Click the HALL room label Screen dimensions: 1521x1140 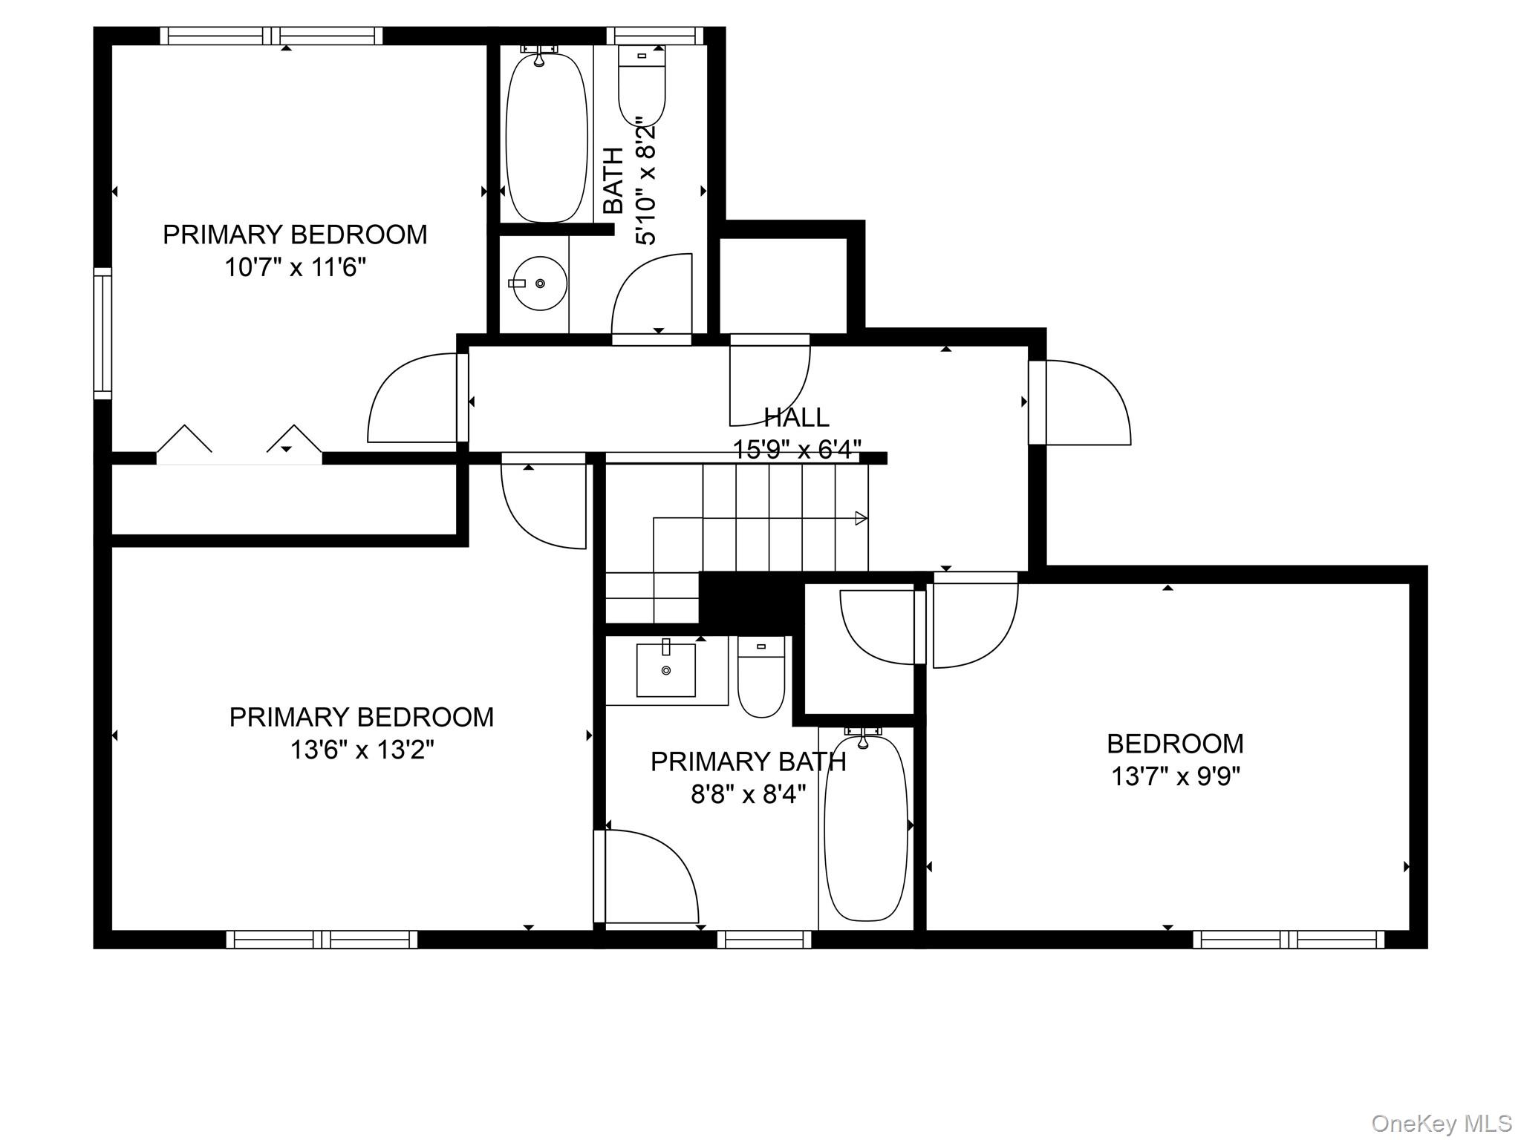tap(796, 418)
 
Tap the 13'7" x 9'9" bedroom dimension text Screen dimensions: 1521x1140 tap(1176, 776)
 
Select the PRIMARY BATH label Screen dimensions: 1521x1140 tap(748, 761)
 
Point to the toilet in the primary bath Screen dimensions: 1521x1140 tap(760, 676)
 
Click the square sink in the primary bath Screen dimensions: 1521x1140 tap(666, 669)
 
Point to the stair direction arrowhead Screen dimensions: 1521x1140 tap(862, 518)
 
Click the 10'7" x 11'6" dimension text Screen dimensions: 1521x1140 tap(296, 267)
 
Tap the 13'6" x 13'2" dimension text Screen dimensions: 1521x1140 tap(362, 750)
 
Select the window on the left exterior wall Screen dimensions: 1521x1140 tap(102, 333)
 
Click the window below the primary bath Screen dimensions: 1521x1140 tap(764, 940)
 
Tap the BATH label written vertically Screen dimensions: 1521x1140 tap(613, 181)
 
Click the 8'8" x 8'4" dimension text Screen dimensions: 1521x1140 tap(749, 795)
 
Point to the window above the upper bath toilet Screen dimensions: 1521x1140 tap(655, 36)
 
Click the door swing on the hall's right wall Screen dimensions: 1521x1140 tap(1088, 402)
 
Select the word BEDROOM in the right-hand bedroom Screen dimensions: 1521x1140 tap(1176, 743)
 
